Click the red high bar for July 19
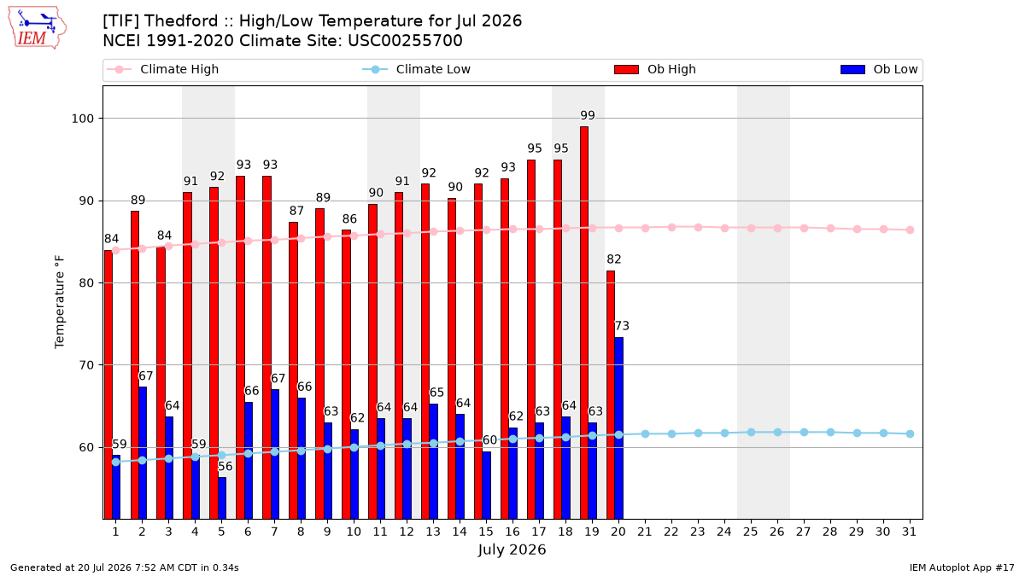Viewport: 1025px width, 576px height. [584, 323]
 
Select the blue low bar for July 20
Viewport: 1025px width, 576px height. [618, 428]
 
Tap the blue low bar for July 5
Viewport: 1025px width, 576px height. [222, 498]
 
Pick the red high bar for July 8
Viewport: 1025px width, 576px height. [293, 370]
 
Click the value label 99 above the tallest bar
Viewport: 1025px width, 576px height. [588, 115]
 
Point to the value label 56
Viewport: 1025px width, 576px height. [225, 466]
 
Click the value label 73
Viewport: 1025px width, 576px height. [622, 326]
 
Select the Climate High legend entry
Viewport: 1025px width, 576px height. [163, 69]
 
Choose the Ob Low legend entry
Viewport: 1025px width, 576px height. [879, 69]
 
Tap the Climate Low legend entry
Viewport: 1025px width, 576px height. [417, 69]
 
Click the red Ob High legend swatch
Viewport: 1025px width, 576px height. [626, 69]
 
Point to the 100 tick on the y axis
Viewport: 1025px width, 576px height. [82, 119]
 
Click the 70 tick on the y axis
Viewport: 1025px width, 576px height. [86, 365]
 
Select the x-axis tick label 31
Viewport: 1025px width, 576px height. [909, 532]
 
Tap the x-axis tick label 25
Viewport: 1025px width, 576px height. [751, 532]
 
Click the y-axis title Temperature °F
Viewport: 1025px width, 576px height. [60, 302]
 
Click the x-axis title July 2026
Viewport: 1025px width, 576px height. [512, 550]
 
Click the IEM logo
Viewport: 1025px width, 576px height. [37, 28]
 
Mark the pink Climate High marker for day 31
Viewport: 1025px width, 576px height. [911, 230]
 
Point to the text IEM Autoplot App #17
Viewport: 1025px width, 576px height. [962, 567]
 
